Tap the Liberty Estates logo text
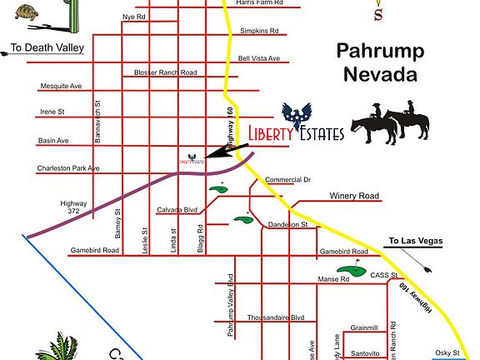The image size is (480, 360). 296,132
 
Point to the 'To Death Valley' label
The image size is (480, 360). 47,48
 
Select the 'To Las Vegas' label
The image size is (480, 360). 414,242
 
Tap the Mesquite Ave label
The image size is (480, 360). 61,86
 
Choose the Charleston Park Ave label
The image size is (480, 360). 68,168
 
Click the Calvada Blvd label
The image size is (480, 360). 177,210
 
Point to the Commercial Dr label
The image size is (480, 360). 287,180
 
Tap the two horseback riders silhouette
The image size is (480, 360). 389,122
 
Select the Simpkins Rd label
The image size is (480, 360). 260,32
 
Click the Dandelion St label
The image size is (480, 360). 288,225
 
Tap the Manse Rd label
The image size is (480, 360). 333,280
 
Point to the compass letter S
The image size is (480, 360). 379,13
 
